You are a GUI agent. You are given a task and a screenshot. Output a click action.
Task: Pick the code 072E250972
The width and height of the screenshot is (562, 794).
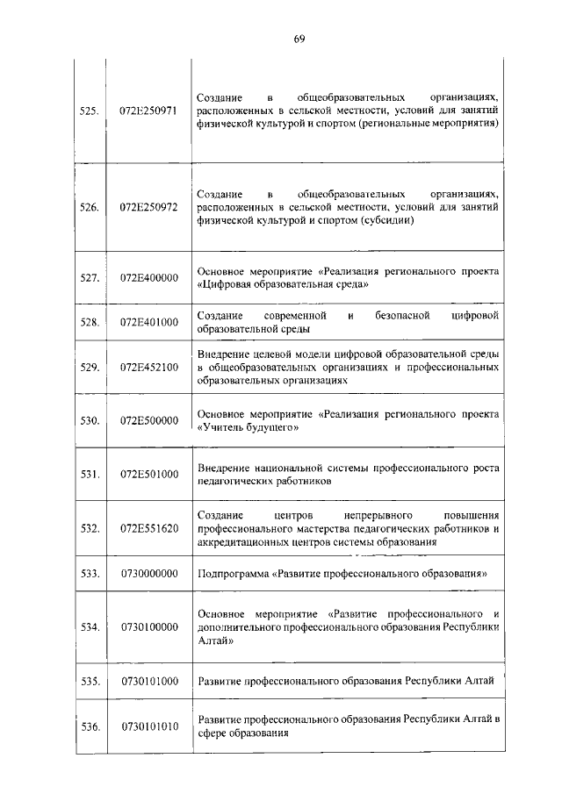tap(148, 207)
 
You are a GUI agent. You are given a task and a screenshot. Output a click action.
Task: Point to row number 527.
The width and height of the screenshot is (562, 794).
tap(88, 278)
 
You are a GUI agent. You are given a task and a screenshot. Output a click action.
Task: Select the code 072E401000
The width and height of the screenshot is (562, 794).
tap(148, 322)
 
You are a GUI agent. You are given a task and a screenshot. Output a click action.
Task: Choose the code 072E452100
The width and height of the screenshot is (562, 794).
tap(148, 367)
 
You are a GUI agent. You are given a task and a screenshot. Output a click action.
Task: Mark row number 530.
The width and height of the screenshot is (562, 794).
tap(88, 420)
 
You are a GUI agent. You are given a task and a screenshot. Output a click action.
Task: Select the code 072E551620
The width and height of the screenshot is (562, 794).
tap(148, 528)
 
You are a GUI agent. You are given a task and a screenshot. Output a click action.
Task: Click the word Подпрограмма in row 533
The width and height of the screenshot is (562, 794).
tap(233, 574)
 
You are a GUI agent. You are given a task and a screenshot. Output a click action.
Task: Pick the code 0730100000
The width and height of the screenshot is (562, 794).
tap(148, 626)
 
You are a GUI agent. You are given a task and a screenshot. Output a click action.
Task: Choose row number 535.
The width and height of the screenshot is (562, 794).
tap(88, 680)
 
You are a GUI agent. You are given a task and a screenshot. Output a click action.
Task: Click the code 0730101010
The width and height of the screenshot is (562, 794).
tap(148, 726)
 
